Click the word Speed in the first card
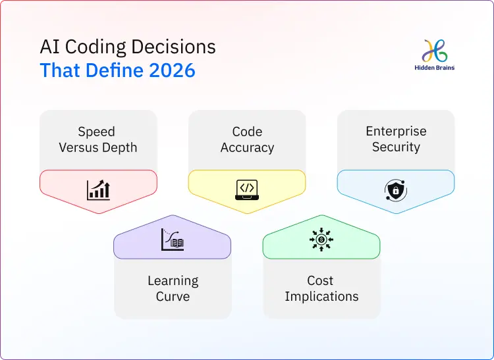coord(96,132)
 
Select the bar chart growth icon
coord(98,190)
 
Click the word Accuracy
coord(247,147)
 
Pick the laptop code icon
coord(247,190)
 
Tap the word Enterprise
coord(396,131)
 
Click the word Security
coord(396,147)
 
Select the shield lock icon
coord(396,190)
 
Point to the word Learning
coord(173,281)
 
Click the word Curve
coord(173,297)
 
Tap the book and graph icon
coord(173,240)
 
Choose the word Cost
coord(321,280)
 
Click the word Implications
coord(321,297)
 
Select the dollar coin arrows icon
coord(321,240)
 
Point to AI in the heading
coord(48,47)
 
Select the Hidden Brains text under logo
coord(435,67)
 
